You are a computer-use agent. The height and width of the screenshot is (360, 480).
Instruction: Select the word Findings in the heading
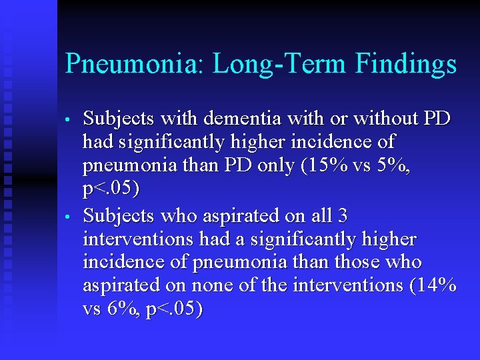click(406, 65)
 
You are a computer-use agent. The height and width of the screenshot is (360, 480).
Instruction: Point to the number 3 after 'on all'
click(343, 216)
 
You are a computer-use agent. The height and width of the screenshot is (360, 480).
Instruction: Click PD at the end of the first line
click(437, 119)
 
